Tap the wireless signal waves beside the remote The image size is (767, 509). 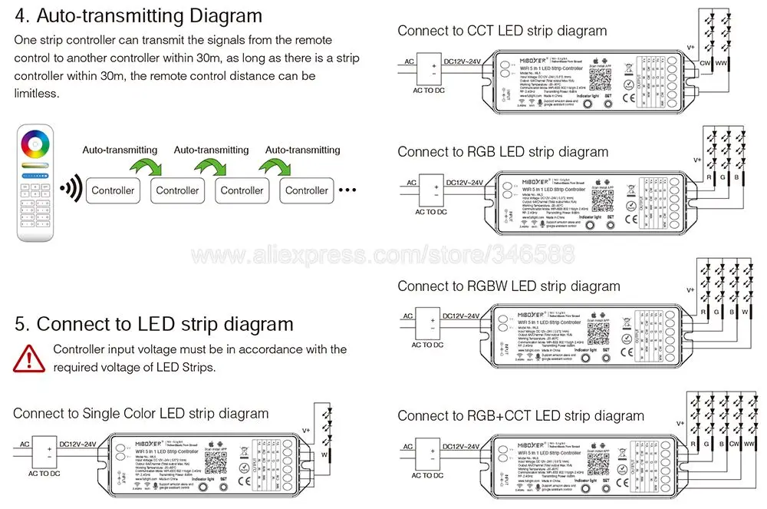(71, 188)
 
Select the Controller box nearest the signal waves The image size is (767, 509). (113, 190)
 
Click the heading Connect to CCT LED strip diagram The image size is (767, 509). (502, 31)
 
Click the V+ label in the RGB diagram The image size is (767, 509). (697, 160)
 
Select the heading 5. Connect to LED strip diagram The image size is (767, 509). (153, 324)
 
